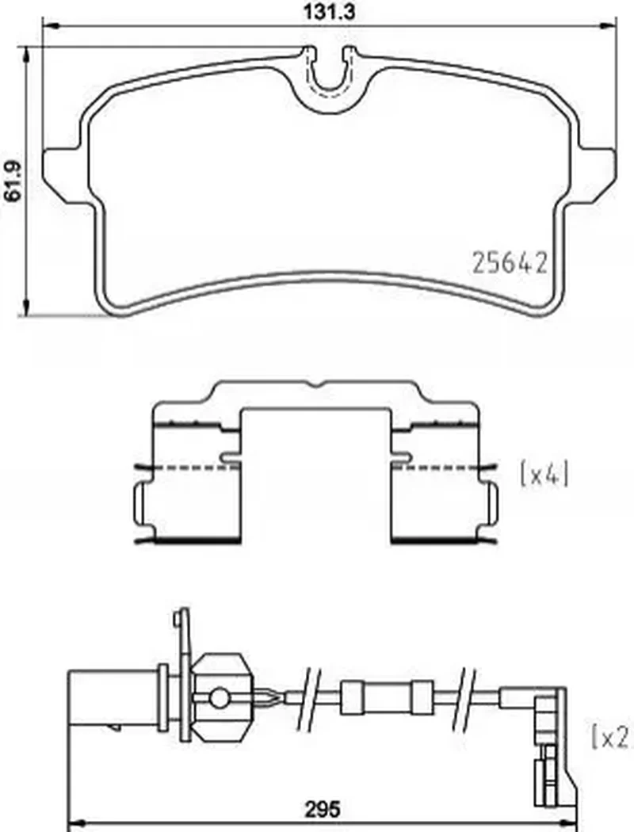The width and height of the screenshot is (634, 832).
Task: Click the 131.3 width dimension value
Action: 328,11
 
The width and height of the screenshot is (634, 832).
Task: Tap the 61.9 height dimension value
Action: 12,181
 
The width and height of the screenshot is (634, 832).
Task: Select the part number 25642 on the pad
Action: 509,262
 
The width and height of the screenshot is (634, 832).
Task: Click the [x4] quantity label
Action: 544,474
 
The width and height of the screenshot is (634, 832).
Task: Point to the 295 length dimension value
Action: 322,809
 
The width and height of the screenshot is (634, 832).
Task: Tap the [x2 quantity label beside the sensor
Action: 612,737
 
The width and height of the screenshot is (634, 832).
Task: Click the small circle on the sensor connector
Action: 219,698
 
